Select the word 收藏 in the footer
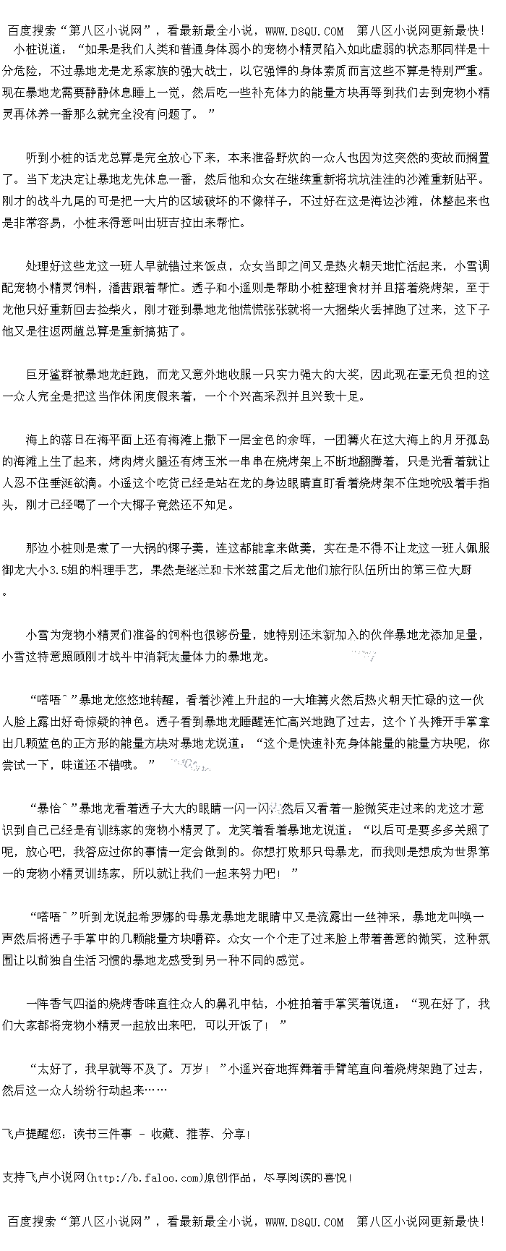coord(162,1134)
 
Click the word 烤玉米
coord(222,461)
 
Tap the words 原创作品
coord(230,1178)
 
